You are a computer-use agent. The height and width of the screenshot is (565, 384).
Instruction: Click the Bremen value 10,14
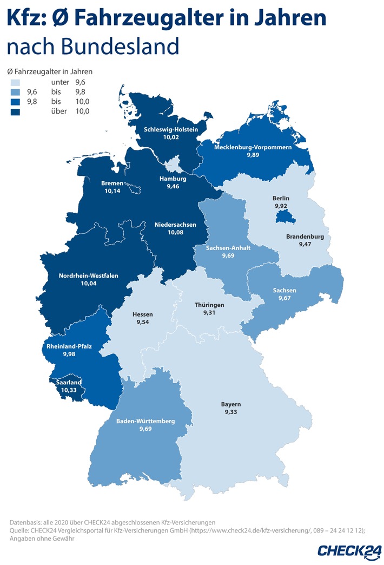coord(112,191)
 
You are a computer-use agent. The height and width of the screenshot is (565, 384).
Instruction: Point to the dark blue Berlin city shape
coord(283,217)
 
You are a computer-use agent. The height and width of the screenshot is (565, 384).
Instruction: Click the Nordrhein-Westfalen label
coord(88,275)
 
